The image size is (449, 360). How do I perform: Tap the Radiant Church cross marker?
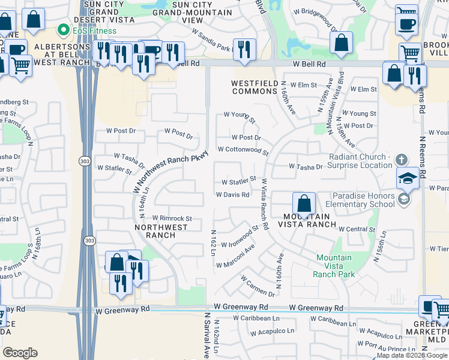click(x=402, y=160)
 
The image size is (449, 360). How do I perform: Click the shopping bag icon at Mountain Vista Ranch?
click(x=304, y=203)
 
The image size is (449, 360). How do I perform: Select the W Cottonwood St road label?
click(x=243, y=149)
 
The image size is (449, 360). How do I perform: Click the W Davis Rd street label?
click(x=232, y=194)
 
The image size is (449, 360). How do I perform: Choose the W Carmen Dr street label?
click(x=258, y=286)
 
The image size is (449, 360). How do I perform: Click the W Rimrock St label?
click(x=172, y=218)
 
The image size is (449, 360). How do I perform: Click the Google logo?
click(x=20, y=353)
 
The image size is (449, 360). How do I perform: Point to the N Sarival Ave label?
click(x=207, y=335)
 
